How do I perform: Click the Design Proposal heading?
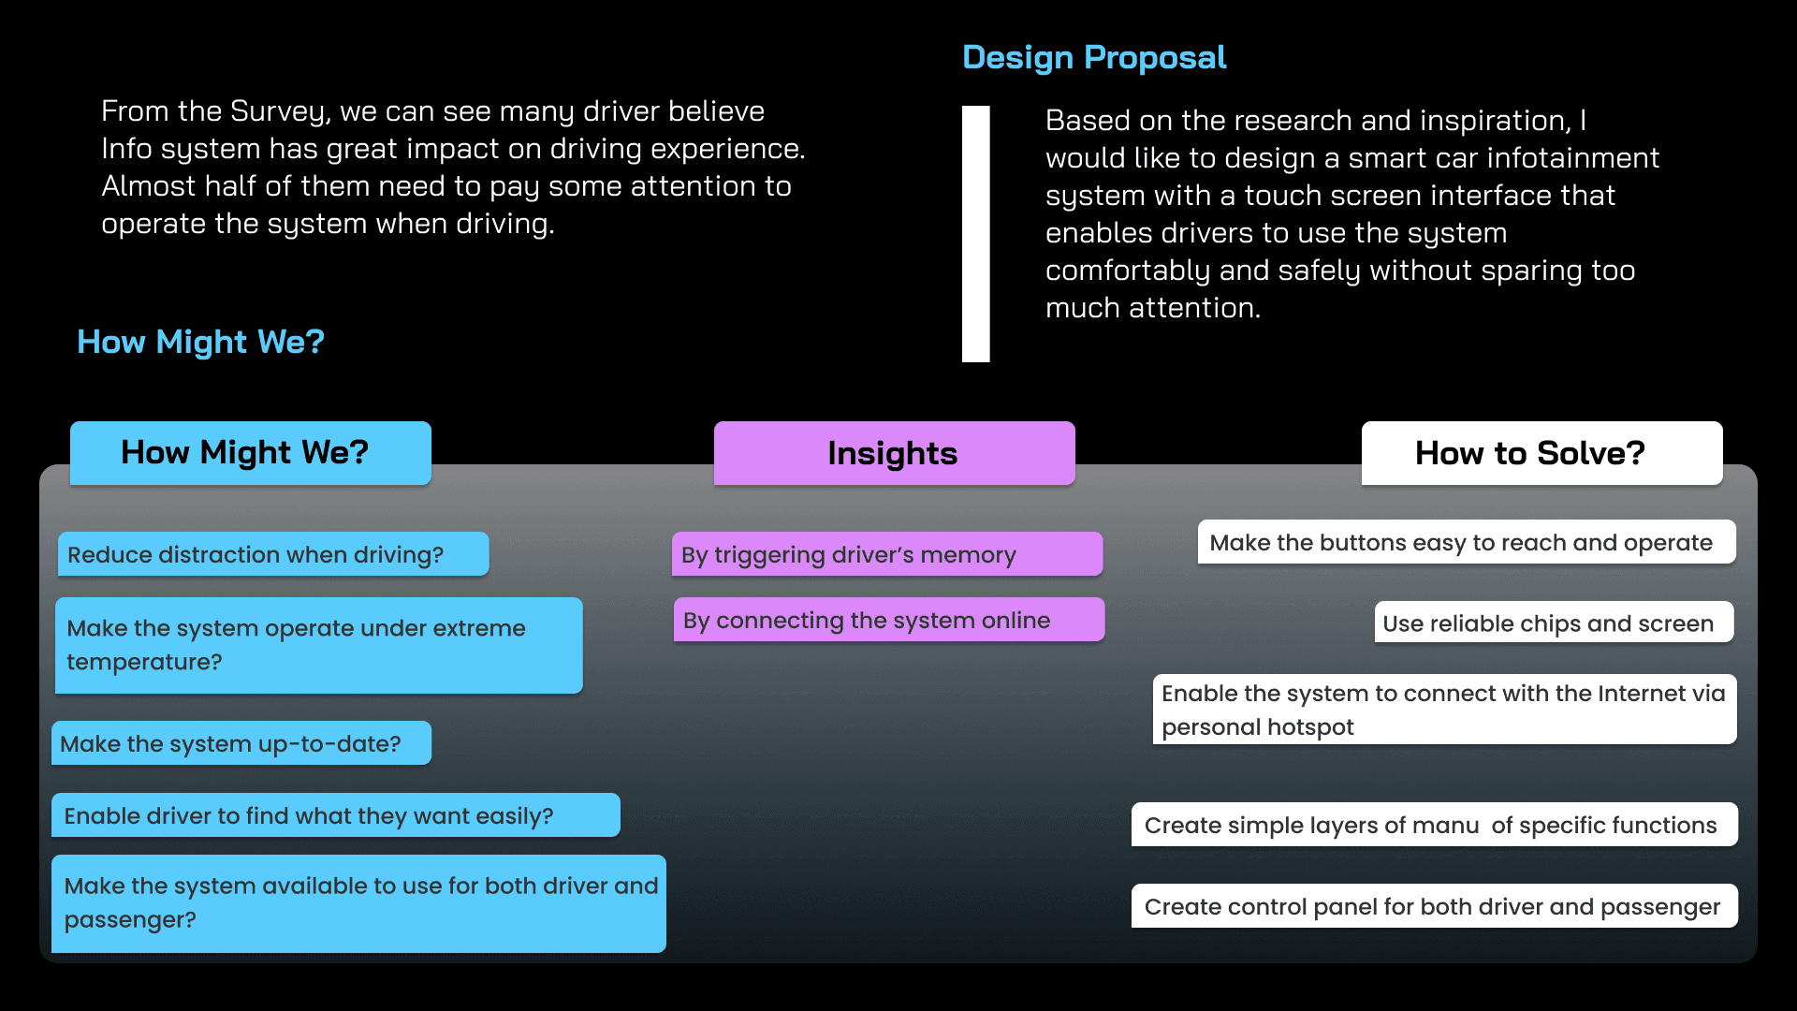click(1093, 58)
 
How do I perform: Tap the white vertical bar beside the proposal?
click(975, 233)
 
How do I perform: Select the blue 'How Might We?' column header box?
click(250, 453)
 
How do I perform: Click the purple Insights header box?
click(894, 453)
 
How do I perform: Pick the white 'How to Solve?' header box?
click(1541, 453)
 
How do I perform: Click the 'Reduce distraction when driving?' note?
click(272, 554)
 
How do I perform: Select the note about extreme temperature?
click(318, 645)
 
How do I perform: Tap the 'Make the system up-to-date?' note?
click(241, 743)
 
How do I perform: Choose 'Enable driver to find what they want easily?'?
click(335, 815)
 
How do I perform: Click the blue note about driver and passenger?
click(358, 903)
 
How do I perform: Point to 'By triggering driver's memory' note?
click(886, 554)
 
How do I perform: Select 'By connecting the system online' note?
click(888, 620)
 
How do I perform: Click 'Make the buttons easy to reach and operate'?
click(1466, 542)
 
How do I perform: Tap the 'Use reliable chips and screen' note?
click(1553, 623)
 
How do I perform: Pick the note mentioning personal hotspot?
click(1443, 710)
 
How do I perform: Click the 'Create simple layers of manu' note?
click(1434, 825)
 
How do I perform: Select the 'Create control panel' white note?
click(1434, 906)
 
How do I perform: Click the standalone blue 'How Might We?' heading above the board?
click(200, 342)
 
